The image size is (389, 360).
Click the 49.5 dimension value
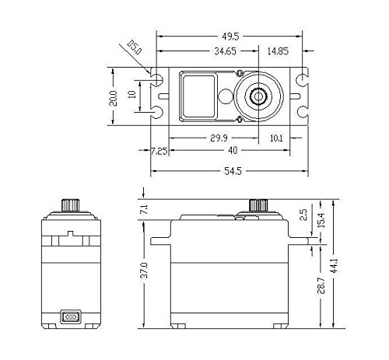(230, 37)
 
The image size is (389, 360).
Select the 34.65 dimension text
(225, 51)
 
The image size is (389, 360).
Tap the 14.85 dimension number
(278, 51)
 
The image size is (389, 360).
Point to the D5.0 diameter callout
(135, 47)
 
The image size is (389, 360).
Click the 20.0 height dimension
(113, 98)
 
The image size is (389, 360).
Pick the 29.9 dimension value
(219, 138)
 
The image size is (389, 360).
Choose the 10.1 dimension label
(276, 138)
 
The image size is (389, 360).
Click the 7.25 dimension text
(159, 151)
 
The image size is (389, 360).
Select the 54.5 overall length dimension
(233, 171)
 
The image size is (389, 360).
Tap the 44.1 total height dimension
(335, 265)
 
